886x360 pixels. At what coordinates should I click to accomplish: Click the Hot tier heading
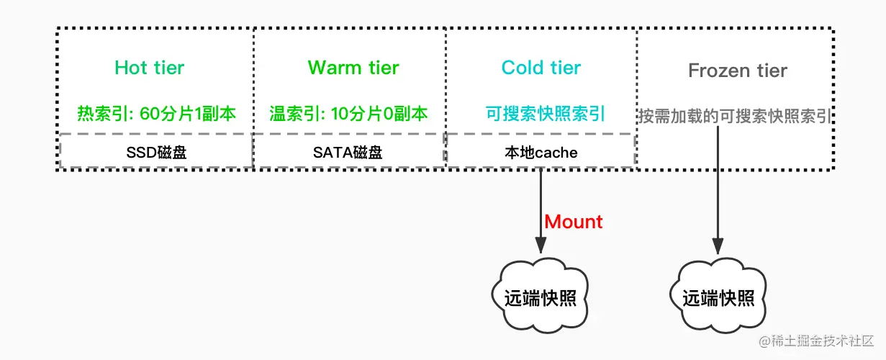pyautogui.click(x=150, y=68)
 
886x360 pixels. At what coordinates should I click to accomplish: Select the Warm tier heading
pyautogui.click(x=353, y=68)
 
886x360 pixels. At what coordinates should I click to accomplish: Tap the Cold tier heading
pyautogui.click(x=541, y=68)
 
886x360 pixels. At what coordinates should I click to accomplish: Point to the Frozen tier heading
pyautogui.click(x=738, y=71)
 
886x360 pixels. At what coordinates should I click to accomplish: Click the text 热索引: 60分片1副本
pyautogui.click(x=156, y=114)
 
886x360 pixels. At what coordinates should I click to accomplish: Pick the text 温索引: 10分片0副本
pyautogui.click(x=348, y=114)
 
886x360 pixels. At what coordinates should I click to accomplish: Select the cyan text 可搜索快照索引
pyautogui.click(x=546, y=114)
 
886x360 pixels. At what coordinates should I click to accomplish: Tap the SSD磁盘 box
pyautogui.click(x=156, y=152)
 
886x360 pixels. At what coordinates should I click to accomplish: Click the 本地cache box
pyautogui.click(x=541, y=152)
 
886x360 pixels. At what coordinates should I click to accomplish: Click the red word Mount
pyautogui.click(x=574, y=222)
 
